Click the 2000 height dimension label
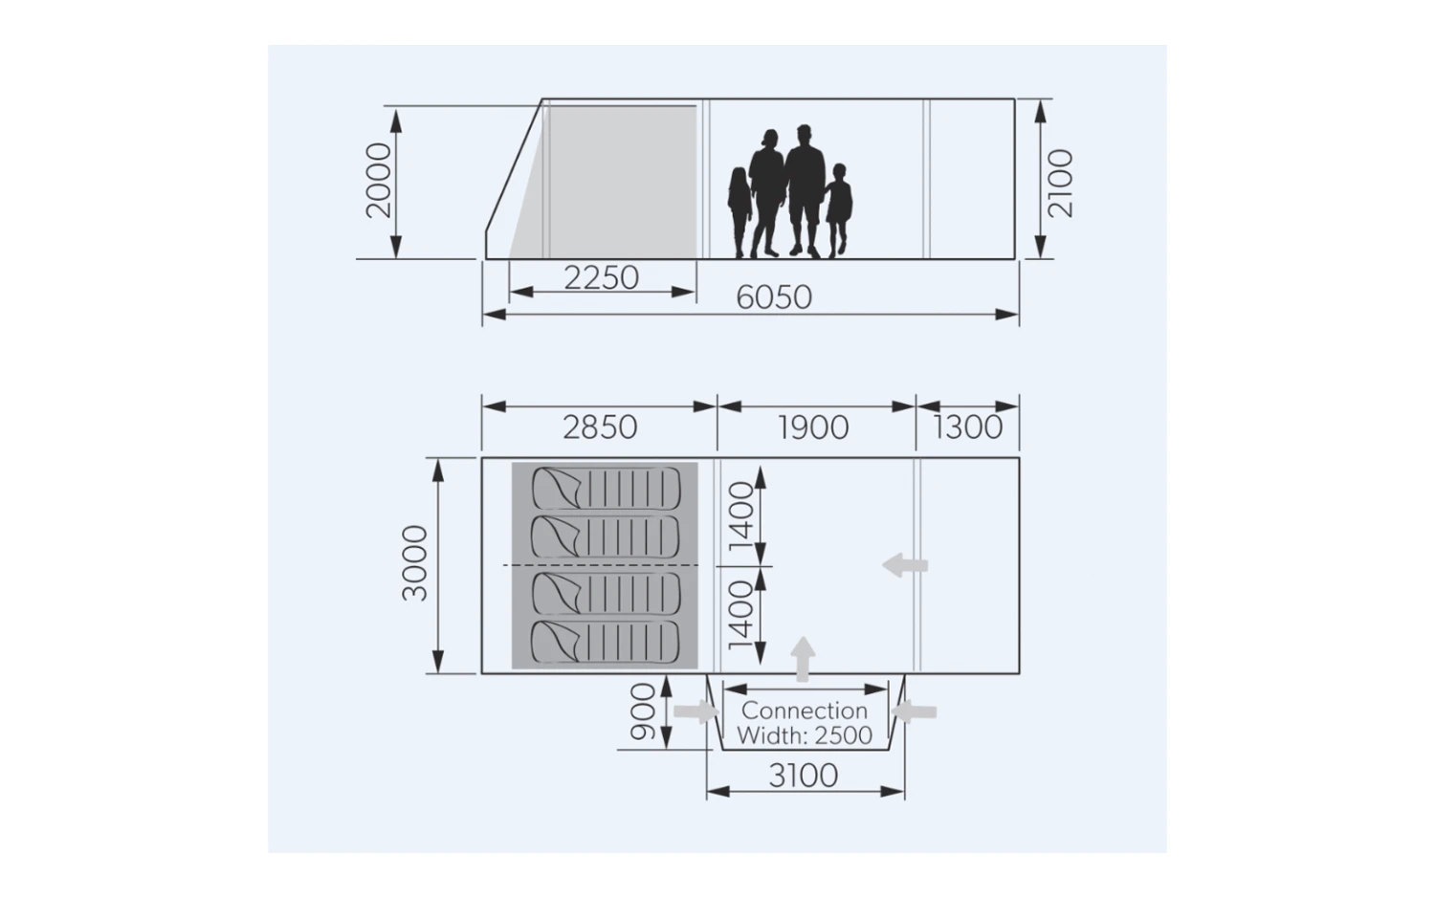click(378, 181)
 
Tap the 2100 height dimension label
click(1061, 184)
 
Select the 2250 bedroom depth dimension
click(602, 278)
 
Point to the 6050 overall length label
click(774, 297)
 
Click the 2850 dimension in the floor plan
click(600, 427)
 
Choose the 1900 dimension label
click(813, 427)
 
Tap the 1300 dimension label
click(967, 427)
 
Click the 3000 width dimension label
click(414, 563)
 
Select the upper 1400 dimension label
click(741, 515)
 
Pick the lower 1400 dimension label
click(741, 615)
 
